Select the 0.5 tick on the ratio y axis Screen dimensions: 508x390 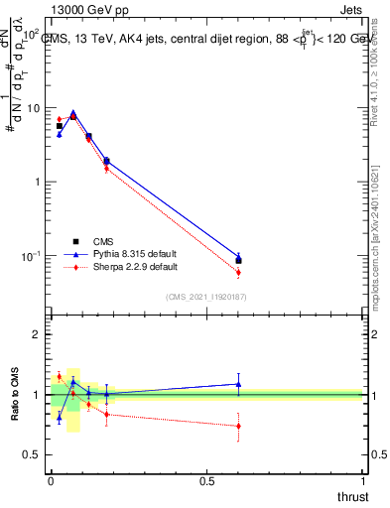[x=33, y=454]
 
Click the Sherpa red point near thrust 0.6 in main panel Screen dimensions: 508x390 [x=238, y=272]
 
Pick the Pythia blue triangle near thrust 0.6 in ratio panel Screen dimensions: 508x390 [x=238, y=384]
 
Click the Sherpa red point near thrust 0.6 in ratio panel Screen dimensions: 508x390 [x=238, y=426]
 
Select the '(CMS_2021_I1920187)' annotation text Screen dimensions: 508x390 [x=206, y=297]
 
